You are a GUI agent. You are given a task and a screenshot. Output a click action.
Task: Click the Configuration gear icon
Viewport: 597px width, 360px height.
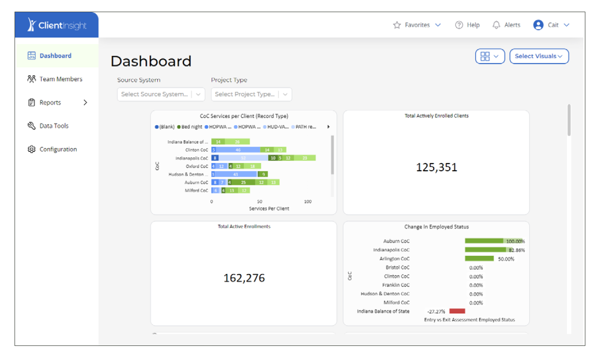pos(32,149)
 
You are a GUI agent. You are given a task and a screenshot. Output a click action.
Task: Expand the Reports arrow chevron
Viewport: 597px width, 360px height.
pos(85,102)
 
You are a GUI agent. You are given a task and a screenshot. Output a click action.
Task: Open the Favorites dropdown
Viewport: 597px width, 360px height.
pos(417,25)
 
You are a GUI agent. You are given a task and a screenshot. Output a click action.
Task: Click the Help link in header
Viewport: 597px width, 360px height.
pos(468,25)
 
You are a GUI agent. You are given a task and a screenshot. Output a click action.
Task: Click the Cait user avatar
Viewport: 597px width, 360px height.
pos(538,25)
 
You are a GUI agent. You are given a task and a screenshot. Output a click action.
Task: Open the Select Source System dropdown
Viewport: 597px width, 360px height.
pos(161,94)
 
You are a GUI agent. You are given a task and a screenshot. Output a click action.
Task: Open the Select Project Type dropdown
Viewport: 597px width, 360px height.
pos(251,94)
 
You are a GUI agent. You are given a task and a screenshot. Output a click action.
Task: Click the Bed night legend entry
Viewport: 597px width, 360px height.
pos(190,127)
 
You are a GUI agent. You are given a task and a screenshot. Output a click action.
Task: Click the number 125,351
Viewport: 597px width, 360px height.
pos(436,167)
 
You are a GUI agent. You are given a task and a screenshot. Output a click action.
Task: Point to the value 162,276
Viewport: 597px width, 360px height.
pos(244,278)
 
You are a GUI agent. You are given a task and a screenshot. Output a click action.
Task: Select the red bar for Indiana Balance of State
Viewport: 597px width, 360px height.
pos(457,311)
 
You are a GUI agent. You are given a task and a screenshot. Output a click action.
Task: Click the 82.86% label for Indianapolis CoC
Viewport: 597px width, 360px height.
pos(516,250)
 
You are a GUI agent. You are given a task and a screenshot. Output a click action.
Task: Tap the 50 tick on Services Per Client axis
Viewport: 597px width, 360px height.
pos(259,201)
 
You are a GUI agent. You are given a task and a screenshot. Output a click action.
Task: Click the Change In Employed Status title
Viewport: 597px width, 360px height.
pos(436,227)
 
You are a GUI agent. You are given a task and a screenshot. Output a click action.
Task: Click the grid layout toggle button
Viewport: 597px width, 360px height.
pos(490,56)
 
